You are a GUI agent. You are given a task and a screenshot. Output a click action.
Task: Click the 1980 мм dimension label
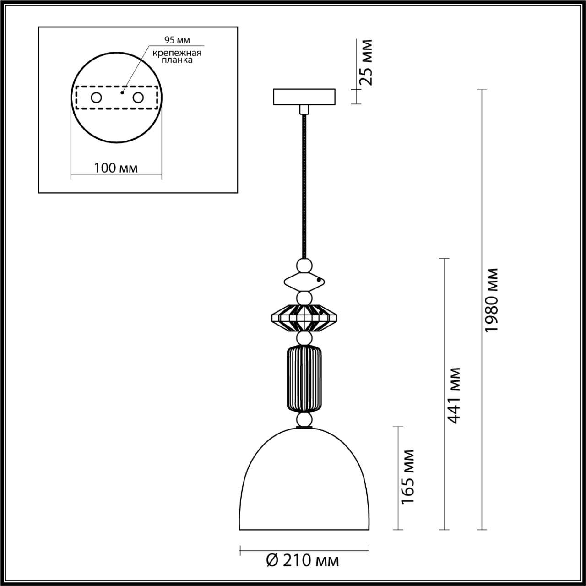click(x=492, y=300)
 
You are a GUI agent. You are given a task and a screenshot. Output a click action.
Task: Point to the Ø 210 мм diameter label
click(x=303, y=560)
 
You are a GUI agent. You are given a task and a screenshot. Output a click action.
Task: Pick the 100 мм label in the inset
click(x=116, y=168)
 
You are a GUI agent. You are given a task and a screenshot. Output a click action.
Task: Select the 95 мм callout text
click(x=177, y=40)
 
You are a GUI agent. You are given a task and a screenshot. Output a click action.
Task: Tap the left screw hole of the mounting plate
click(x=96, y=98)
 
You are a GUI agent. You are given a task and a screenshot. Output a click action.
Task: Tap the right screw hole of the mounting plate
click(x=137, y=98)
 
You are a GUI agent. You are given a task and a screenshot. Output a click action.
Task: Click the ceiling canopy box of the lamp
click(x=304, y=97)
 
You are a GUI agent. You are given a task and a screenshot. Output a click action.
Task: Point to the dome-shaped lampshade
click(x=304, y=485)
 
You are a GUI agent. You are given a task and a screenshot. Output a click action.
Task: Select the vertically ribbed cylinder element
click(x=304, y=379)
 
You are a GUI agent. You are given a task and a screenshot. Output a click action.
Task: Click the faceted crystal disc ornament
click(x=304, y=318)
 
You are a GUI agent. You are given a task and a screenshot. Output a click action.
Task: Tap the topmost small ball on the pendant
click(x=304, y=265)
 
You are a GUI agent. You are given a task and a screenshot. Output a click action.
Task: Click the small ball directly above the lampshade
click(x=304, y=419)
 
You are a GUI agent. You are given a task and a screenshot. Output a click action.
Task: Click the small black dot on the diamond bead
click(x=319, y=278)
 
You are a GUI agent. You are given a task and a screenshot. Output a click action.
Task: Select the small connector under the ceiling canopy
click(x=304, y=109)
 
